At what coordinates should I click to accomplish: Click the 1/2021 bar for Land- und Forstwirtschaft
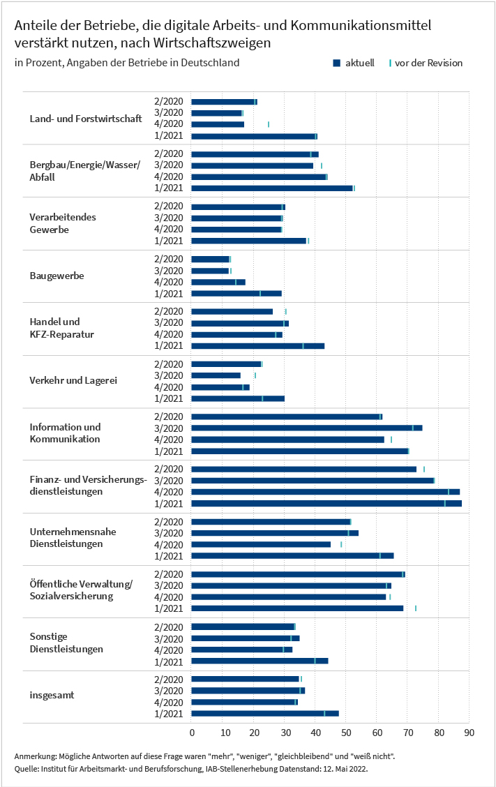pyautogui.click(x=254, y=136)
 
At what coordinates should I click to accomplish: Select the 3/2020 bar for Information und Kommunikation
pyautogui.click(x=307, y=428)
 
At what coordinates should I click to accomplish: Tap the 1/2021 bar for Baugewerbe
pyautogui.click(x=236, y=294)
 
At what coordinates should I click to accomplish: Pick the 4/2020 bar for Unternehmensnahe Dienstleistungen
pyautogui.click(x=261, y=545)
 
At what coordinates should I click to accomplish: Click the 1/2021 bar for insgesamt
pyautogui.click(x=265, y=713)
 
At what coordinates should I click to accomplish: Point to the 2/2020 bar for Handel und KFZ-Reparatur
pyautogui.click(x=232, y=312)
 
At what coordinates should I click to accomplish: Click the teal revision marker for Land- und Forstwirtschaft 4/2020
pyautogui.click(x=269, y=124)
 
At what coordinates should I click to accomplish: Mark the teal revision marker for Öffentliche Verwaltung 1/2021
pyautogui.click(x=416, y=608)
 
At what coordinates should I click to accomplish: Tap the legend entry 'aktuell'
pyautogui.click(x=354, y=63)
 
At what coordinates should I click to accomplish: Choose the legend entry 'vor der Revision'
pyautogui.click(x=426, y=63)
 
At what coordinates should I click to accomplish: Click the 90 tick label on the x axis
pyautogui.click(x=469, y=733)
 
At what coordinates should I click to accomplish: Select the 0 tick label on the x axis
pyautogui.click(x=192, y=733)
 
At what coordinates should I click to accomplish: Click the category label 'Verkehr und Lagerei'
pyautogui.click(x=73, y=380)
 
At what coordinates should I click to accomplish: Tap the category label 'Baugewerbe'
pyautogui.click(x=57, y=276)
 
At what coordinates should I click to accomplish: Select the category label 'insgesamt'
pyautogui.click(x=52, y=695)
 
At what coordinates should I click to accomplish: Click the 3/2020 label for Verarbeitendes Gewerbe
pyautogui.click(x=169, y=218)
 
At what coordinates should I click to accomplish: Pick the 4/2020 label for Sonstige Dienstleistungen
pyautogui.click(x=169, y=650)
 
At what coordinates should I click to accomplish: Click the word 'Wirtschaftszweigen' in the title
pyautogui.click(x=212, y=43)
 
